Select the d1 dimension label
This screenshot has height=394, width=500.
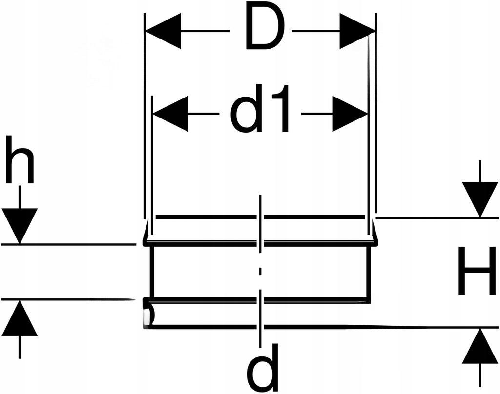[x=260, y=109]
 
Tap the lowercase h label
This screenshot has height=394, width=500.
[x=20, y=159]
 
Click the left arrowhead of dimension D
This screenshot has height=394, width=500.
[x=163, y=31]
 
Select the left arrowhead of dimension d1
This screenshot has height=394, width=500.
[x=170, y=114]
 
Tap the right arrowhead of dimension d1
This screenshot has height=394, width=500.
[x=350, y=114]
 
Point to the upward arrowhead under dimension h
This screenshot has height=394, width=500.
[x=20, y=318]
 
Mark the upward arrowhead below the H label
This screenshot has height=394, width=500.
[x=480, y=346]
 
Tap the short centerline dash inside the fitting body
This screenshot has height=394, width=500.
[x=261, y=272]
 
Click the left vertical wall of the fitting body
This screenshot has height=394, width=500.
[x=152, y=272]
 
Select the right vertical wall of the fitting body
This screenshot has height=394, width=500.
[x=370, y=272]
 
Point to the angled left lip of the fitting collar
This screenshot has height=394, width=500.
[x=146, y=231]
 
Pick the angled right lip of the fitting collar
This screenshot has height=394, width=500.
[x=375, y=231]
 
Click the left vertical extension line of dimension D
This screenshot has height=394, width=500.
[x=145, y=116]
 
